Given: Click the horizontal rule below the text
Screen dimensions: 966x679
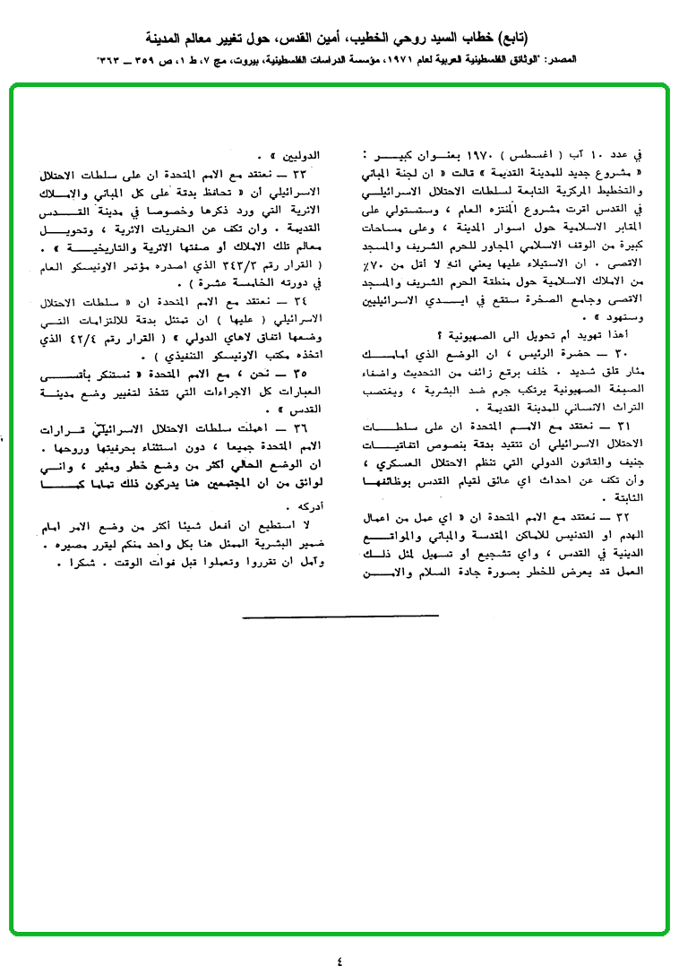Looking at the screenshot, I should [340, 616].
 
